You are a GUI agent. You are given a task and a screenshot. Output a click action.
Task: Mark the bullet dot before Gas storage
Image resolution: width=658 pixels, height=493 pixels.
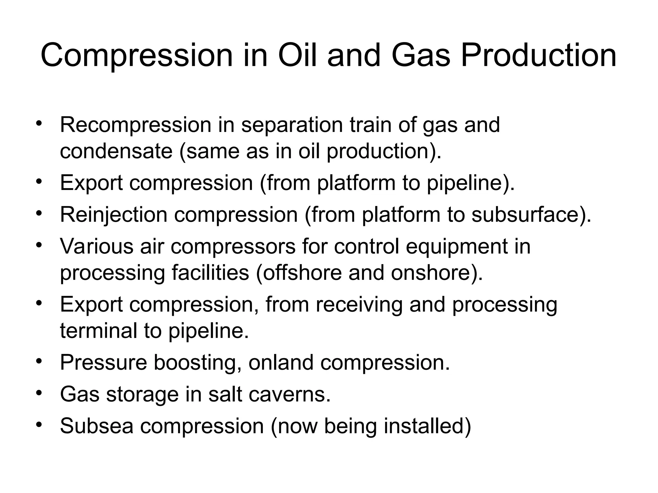tap(39, 393)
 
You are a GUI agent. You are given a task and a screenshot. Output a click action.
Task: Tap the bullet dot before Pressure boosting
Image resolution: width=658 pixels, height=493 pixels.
tap(39, 361)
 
